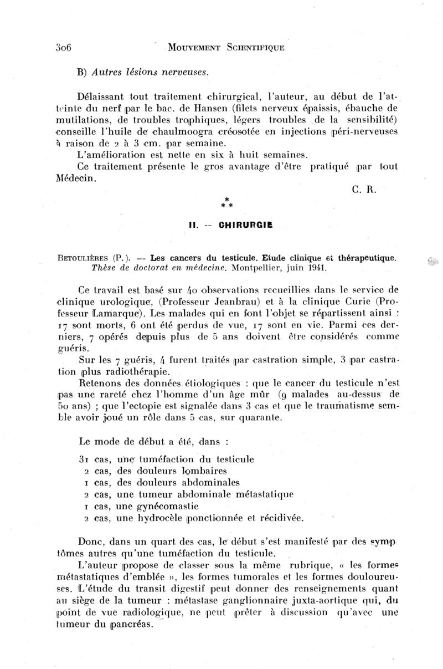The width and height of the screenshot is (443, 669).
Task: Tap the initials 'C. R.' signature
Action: (364, 189)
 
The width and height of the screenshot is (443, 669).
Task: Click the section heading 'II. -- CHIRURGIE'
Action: (230, 226)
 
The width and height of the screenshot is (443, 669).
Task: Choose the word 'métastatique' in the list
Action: (260, 494)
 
